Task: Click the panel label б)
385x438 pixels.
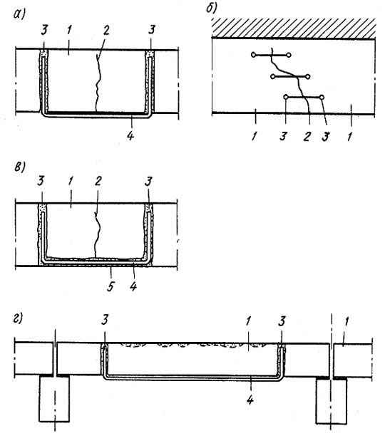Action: (x=212, y=8)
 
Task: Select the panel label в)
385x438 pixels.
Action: (x=19, y=167)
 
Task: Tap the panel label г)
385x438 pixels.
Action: (x=18, y=318)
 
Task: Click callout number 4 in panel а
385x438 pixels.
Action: (x=130, y=135)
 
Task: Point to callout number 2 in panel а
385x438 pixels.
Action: (x=106, y=30)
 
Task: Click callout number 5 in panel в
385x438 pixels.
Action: (x=111, y=286)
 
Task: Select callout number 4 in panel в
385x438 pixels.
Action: (x=133, y=286)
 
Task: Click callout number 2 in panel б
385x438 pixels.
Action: (x=307, y=136)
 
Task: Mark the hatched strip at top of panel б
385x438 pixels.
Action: (x=294, y=28)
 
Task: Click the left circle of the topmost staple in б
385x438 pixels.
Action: (x=253, y=55)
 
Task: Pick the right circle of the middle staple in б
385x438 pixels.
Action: (x=308, y=76)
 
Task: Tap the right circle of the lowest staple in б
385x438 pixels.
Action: (x=322, y=97)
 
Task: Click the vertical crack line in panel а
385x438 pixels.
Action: (x=97, y=84)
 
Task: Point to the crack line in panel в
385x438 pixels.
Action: (x=97, y=234)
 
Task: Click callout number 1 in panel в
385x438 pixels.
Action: (x=71, y=181)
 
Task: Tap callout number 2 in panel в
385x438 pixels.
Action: (x=98, y=181)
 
